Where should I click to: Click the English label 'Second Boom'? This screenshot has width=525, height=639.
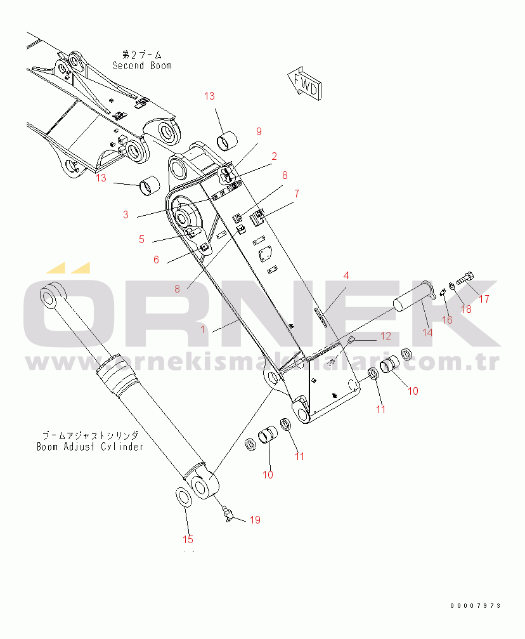pos(142,65)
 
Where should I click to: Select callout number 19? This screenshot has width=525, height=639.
pos(254,520)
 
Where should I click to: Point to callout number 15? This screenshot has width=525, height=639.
pos(188,539)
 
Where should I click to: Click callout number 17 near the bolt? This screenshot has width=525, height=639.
pos(484,299)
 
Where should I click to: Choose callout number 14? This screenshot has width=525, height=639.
pos(427,332)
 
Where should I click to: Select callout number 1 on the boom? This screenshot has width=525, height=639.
pos(203,329)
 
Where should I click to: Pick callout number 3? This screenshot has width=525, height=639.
pos(126,215)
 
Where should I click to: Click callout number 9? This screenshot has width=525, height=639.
pos(259,131)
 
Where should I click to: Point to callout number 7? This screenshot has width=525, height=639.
pos(296,193)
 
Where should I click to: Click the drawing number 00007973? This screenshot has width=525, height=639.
pos(476,605)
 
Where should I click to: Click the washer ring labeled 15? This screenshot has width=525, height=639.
pos(183,496)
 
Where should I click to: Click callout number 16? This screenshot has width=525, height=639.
pos(448,319)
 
